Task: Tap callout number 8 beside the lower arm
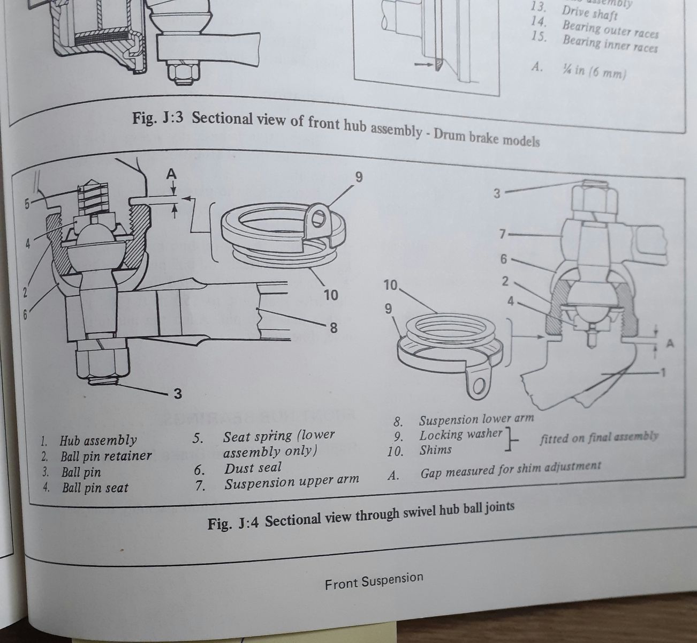(333, 327)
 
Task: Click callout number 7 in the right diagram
(502, 234)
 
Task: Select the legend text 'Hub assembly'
(98, 441)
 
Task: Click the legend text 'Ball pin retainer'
(106, 457)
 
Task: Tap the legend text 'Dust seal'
(253, 468)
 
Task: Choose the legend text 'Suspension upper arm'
(292, 482)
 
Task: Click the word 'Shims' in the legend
(435, 450)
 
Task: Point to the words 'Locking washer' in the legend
(461, 435)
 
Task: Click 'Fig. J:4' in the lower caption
(233, 522)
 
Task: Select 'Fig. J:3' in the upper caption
(158, 118)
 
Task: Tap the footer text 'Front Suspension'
(374, 581)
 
